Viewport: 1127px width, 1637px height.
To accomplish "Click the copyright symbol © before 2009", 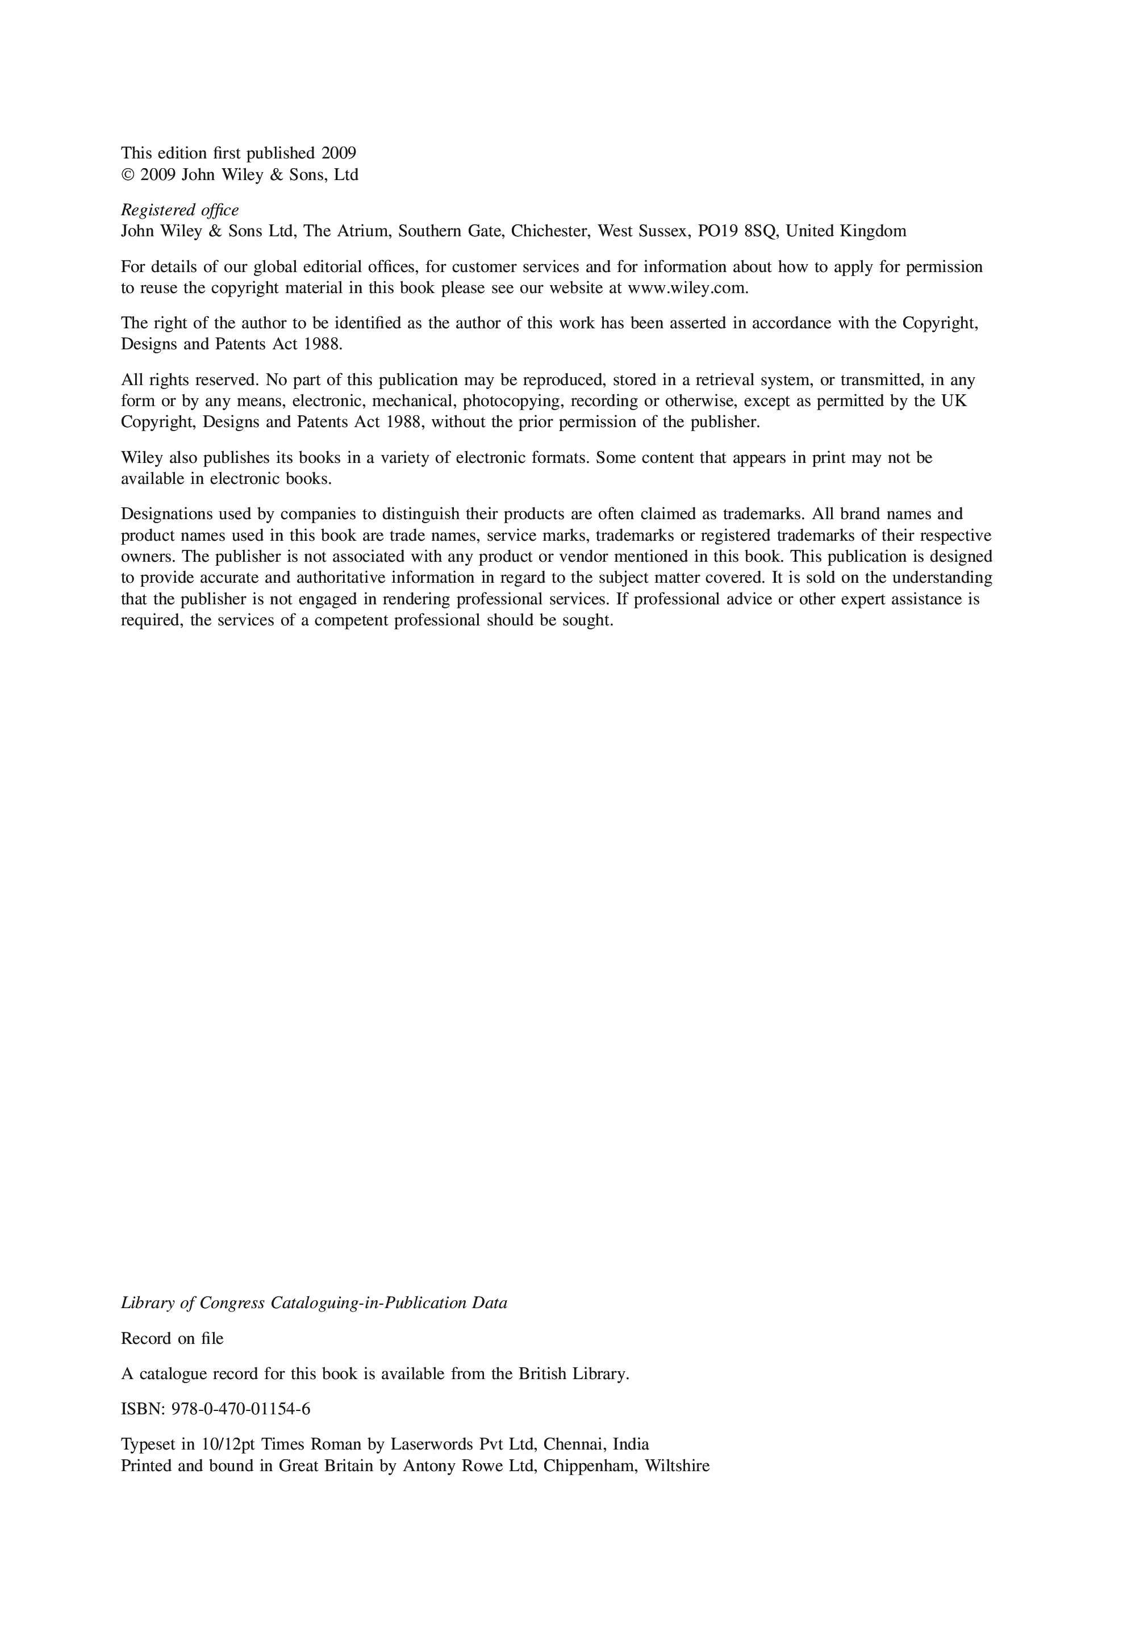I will click(x=128, y=175).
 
